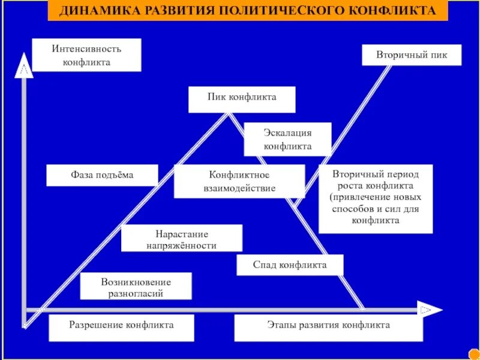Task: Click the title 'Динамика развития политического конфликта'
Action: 248,11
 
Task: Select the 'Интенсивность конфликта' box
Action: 86,55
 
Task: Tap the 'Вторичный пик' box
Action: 412,55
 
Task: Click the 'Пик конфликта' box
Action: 242,99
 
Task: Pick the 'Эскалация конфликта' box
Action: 287,139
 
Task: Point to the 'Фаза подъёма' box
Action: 102,175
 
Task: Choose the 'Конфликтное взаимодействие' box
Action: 239,181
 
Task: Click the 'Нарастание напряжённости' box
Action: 182,238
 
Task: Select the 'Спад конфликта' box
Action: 290,265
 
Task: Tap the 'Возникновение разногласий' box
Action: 136,286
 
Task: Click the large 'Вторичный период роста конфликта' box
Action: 376,198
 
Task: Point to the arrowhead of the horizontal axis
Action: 431,310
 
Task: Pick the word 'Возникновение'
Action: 136,281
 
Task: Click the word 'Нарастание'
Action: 182,233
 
